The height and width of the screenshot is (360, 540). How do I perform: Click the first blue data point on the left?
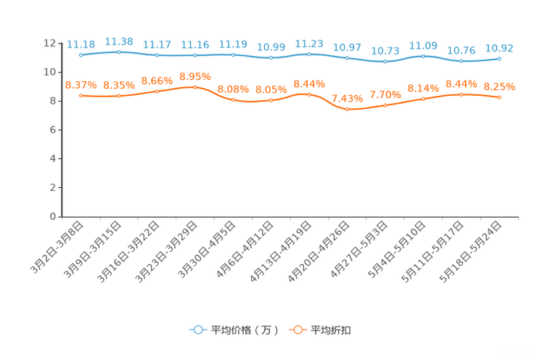point(81,54)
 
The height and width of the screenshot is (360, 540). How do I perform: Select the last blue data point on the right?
point(500,58)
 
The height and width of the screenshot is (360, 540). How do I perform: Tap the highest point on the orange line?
point(195,86)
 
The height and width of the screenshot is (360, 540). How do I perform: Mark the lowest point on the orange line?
point(348,110)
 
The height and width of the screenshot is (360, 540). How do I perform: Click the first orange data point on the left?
point(81,96)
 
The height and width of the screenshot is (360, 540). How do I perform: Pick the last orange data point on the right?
point(500,98)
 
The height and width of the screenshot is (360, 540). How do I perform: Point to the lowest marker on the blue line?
point(385,62)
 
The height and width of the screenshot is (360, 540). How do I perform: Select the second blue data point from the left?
point(118,52)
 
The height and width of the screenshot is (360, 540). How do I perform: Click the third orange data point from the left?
point(157,91)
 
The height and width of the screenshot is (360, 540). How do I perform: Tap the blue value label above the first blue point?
point(81,44)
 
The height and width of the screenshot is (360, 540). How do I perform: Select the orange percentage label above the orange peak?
point(195,75)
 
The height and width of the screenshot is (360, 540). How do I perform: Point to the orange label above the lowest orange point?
point(348,99)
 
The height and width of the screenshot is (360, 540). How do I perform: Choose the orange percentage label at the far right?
point(500,86)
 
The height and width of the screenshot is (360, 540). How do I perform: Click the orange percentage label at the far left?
point(81,85)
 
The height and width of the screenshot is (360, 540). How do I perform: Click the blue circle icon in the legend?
point(197,330)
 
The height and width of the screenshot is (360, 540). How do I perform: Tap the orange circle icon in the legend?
point(297,330)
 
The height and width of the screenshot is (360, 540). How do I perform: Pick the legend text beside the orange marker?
point(332,330)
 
